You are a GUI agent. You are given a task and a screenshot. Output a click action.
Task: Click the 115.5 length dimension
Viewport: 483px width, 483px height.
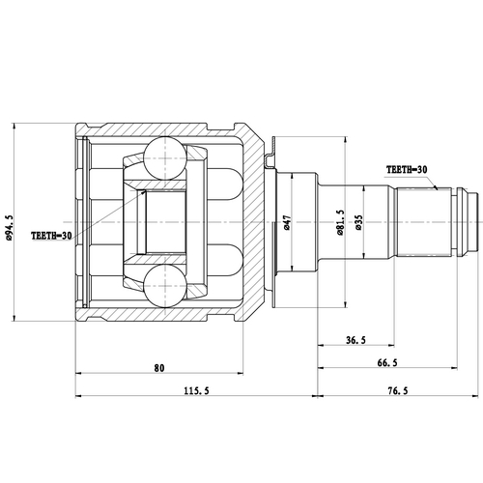click(196, 390)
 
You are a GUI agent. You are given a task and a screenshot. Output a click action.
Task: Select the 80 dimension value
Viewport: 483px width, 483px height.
click(159, 367)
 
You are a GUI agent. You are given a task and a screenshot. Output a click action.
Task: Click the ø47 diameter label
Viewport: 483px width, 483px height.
click(288, 224)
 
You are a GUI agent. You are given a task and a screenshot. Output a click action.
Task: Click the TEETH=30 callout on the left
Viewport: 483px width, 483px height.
click(50, 235)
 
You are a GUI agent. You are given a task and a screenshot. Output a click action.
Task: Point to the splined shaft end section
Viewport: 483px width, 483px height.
click(429, 222)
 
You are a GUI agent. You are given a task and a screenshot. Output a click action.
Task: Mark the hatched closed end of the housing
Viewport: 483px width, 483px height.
click(254, 222)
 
